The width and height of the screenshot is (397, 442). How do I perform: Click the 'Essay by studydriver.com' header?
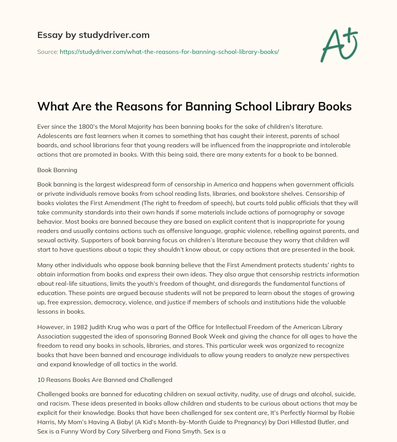pyautogui.click(x=93, y=35)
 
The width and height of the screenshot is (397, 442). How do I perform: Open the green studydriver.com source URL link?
pyautogui.click(x=169, y=52)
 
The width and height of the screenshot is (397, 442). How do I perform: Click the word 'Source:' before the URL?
pyautogui.click(x=47, y=52)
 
